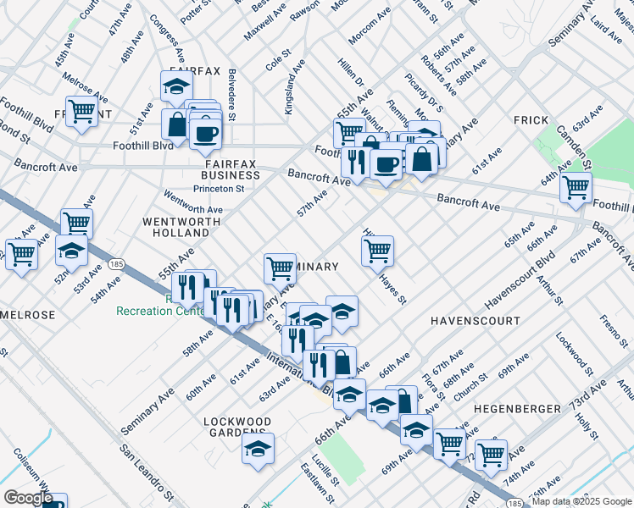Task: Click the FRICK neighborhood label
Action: [531, 120]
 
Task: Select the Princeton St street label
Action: [219, 189]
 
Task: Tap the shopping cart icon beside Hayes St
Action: [377, 250]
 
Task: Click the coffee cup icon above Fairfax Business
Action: [205, 133]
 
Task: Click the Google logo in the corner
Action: [28, 498]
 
